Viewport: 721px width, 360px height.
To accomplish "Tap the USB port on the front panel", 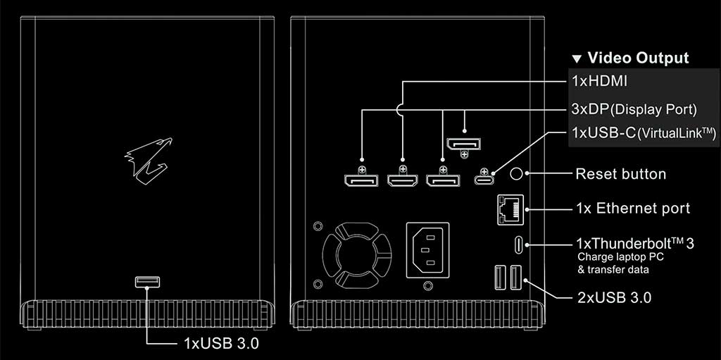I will click(x=147, y=283).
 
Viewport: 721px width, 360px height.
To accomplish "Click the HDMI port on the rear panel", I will click(x=403, y=181).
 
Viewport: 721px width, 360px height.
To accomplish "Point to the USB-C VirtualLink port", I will click(x=484, y=180).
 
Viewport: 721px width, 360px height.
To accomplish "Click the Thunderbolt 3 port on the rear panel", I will click(x=520, y=245).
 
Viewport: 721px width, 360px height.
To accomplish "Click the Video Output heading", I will click(x=638, y=58).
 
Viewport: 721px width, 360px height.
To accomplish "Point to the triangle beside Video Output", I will click(x=577, y=58).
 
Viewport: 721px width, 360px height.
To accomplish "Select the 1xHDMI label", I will click(x=599, y=81).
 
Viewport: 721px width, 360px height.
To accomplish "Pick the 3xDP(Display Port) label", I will click(x=634, y=109).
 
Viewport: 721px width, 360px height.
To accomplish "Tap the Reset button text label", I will click(x=620, y=173).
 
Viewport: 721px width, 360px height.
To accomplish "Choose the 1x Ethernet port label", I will click(x=632, y=209).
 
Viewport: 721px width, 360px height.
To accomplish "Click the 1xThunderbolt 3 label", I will click(x=634, y=244).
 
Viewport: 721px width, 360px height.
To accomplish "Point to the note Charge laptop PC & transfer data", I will click(x=620, y=263).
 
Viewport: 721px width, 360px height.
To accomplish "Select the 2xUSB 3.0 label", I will click(x=613, y=297).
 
